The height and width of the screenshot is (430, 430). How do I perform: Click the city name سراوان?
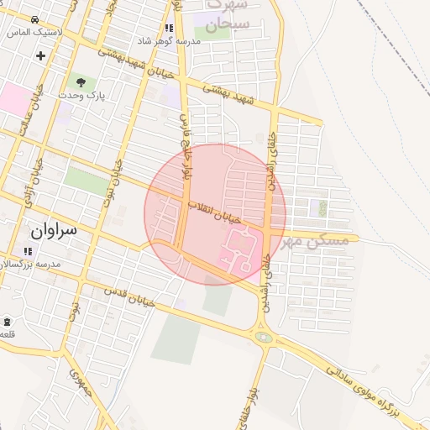point(53,229)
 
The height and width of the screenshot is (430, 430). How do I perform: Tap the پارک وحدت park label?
point(81,96)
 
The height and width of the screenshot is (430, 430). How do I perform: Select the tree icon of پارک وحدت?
point(81,82)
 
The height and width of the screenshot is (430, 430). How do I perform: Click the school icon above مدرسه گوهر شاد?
point(170,28)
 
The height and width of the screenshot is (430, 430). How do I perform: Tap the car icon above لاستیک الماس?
point(34,19)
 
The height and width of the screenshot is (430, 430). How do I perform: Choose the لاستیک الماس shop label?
point(29,32)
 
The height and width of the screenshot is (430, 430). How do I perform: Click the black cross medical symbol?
point(40,55)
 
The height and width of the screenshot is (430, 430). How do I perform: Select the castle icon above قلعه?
point(7,322)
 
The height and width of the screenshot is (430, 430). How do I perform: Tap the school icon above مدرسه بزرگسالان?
point(28,250)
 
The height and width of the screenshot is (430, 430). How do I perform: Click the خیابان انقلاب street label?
point(213,212)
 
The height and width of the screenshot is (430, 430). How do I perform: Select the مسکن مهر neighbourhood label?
point(315,240)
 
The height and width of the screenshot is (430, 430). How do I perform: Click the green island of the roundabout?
point(265,338)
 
